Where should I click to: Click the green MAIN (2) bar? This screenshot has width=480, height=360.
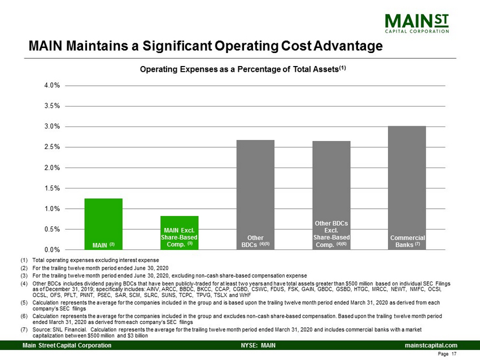pyautogui.click(x=103, y=223)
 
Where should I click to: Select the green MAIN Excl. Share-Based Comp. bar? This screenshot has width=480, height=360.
pyautogui.click(x=179, y=232)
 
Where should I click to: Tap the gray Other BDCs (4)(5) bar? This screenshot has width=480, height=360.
pyautogui.click(x=255, y=195)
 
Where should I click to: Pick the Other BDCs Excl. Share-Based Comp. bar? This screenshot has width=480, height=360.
pyautogui.click(x=331, y=195)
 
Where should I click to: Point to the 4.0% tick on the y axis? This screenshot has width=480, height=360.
pyautogui.click(x=53, y=85)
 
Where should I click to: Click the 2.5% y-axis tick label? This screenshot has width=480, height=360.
pyautogui.click(x=53, y=147)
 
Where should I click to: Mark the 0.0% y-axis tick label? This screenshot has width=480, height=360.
pyautogui.click(x=53, y=249)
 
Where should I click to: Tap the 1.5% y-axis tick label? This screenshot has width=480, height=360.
pyautogui.click(x=53, y=188)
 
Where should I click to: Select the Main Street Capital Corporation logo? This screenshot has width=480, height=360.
pyautogui.click(x=417, y=23)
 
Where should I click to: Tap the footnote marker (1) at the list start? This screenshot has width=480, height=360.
pyautogui.click(x=24, y=260)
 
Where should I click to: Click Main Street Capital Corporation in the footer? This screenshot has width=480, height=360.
pyautogui.click(x=67, y=345)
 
